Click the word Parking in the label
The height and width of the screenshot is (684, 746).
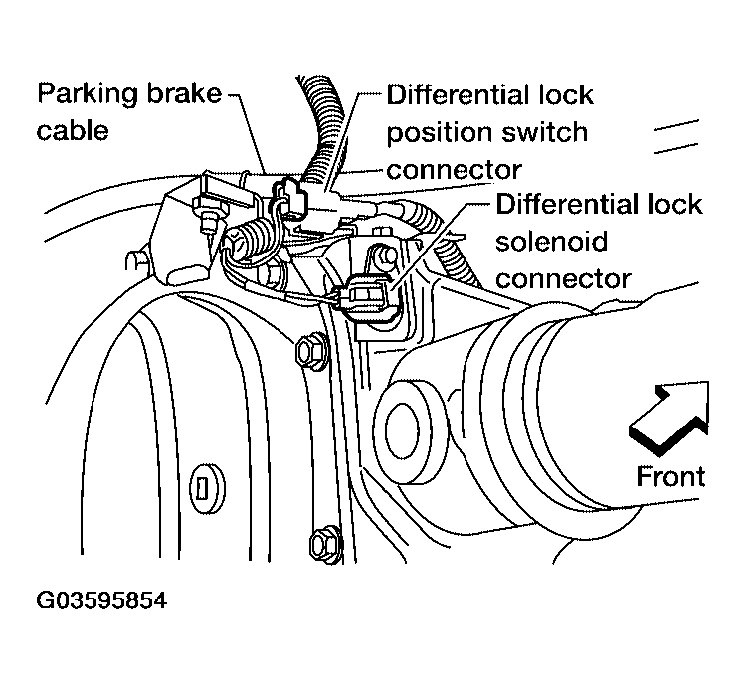click(x=89, y=94)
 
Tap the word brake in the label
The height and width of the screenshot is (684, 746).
click(x=184, y=92)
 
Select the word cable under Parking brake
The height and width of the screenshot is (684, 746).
click(x=73, y=130)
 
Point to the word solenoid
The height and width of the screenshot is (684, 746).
click(x=551, y=242)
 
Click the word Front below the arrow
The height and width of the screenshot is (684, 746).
click(x=670, y=476)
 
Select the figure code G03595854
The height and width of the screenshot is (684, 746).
click(x=101, y=600)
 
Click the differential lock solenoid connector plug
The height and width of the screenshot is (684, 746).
click(x=369, y=300)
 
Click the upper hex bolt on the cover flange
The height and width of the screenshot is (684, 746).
click(x=311, y=352)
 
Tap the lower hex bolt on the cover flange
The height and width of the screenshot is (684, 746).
click(x=326, y=543)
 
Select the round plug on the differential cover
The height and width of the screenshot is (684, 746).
click(x=207, y=488)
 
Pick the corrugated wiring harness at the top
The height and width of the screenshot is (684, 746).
click(x=319, y=129)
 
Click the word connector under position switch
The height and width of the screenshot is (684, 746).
click(x=454, y=170)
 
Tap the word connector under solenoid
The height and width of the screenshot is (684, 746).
click(x=563, y=279)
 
